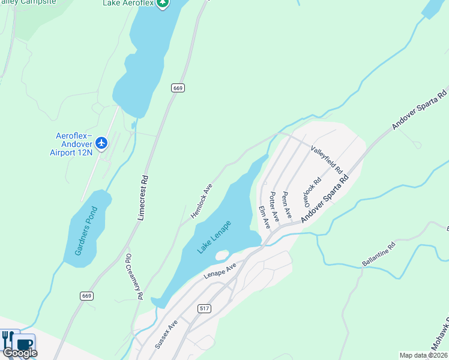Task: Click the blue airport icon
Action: [x=101, y=143]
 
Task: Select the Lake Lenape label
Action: [x=214, y=237]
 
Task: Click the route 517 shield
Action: [x=204, y=308]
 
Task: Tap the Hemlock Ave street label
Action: [x=202, y=201]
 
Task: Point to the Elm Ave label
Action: [x=264, y=217]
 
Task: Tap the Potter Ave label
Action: [x=274, y=207]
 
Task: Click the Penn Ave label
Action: [x=286, y=205]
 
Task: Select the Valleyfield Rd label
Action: [x=326, y=160]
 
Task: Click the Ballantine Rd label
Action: [x=379, y=254]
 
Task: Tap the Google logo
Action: [x=19, y=353]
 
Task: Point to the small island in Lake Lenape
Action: [x=221, y=256]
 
